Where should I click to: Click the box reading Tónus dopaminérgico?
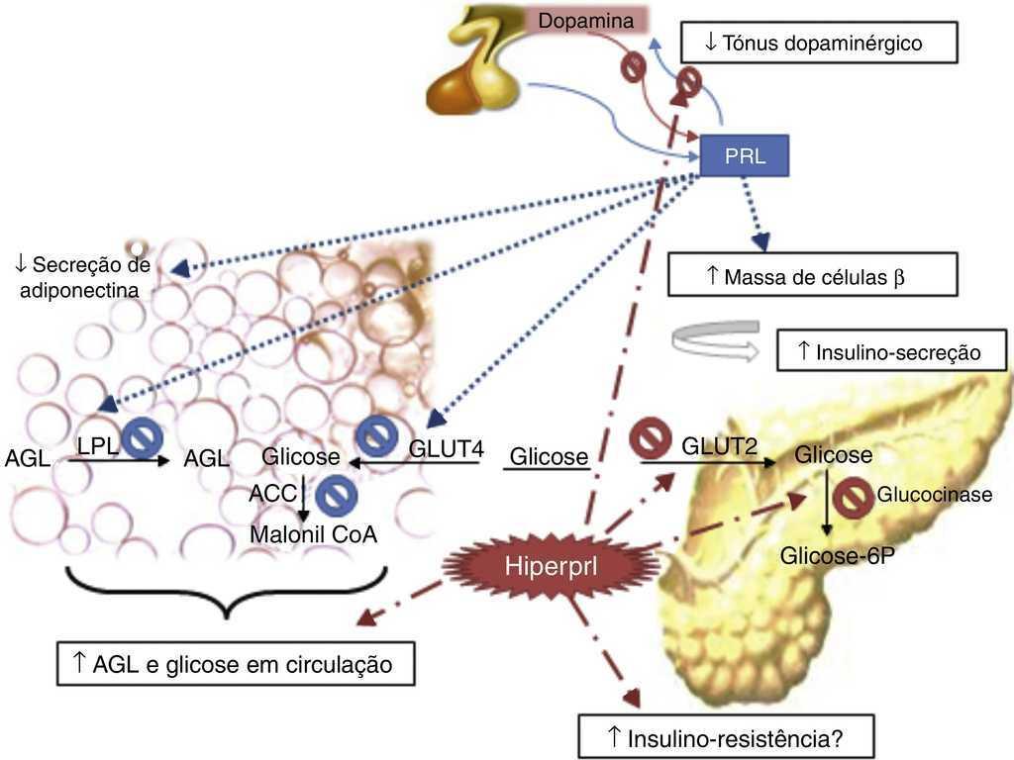[x=819, y=44]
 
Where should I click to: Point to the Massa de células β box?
[x=813, y=276]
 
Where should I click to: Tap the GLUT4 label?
[x=446, y=450]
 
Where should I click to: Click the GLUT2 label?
[x=719, y=448]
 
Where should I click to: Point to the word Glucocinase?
[x=934, y=495]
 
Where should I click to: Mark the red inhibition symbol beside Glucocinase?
[x=851, y=499]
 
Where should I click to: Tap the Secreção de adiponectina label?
[x=81, y=276]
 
